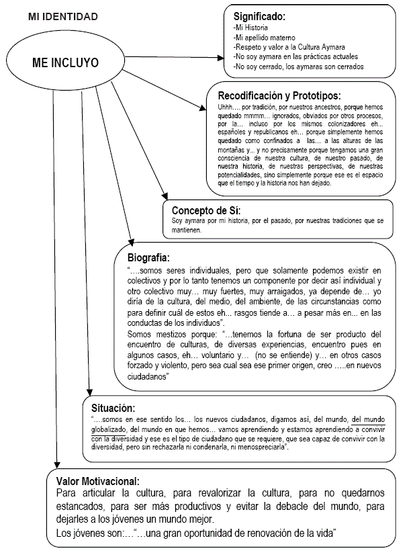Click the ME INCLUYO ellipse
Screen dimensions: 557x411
65,62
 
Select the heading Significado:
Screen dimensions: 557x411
259,15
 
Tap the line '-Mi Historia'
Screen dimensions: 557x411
250,28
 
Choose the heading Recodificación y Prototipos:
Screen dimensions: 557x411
279,95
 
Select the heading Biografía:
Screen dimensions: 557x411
148,257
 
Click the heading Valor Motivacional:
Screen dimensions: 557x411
98,481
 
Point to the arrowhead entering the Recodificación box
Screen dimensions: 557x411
203,107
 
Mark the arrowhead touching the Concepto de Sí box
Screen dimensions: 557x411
163,195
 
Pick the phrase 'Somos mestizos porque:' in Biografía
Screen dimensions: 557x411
163,334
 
